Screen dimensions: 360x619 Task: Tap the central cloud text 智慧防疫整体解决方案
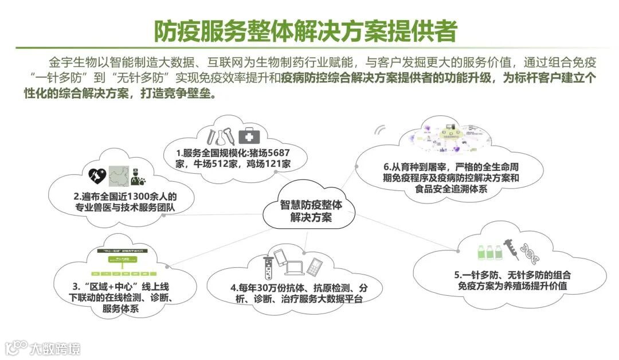311,211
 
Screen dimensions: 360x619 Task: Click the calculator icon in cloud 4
316,265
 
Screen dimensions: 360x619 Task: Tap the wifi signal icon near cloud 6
379,130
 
